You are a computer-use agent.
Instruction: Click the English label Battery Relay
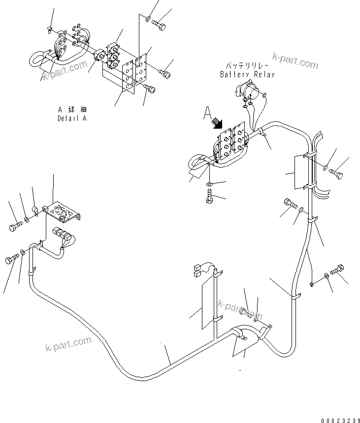pyautogui.click(x=247, y=74)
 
